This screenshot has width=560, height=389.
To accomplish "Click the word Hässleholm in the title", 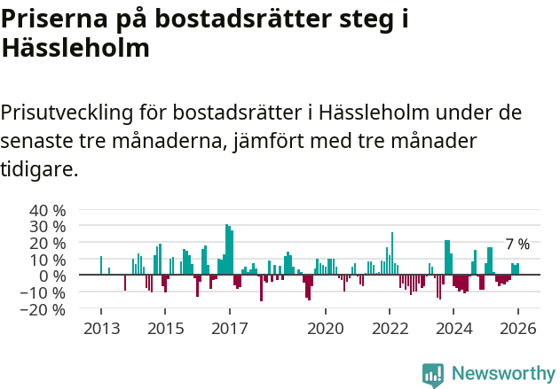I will (x=75, y=48).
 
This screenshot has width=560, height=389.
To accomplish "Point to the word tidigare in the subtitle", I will (x=39, y=168).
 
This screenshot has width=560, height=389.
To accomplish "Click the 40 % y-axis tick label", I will (x=48, y=211).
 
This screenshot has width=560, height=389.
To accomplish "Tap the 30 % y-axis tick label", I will (x=48, y=226).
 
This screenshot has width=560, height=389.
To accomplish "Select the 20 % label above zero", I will (x=48, y=243).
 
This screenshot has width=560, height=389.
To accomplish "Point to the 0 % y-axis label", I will (x=52, y=276).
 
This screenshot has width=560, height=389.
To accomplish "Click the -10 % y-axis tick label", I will (x=44, y=292).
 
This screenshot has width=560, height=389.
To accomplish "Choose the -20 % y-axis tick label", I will (x=44, y=309).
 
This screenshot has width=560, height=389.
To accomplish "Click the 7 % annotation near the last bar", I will (x=517, y=245).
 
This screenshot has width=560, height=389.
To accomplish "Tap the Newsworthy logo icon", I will (x=433, y=374).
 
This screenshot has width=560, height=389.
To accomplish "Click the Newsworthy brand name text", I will (x=502, y=374).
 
